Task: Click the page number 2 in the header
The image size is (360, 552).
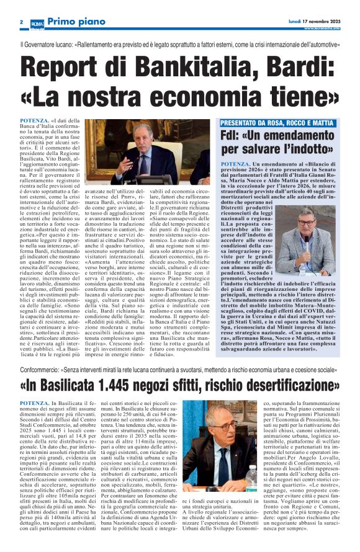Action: [21, 22]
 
